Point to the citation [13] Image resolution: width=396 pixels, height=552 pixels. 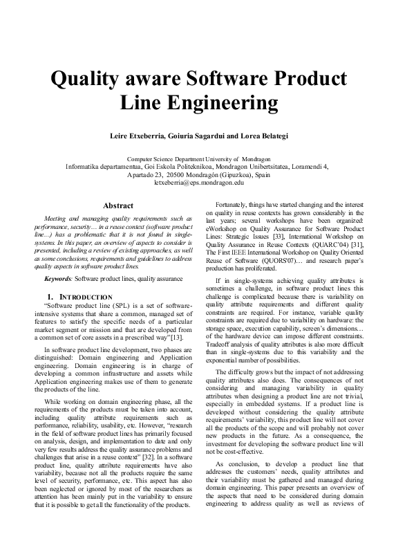(176, 337)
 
